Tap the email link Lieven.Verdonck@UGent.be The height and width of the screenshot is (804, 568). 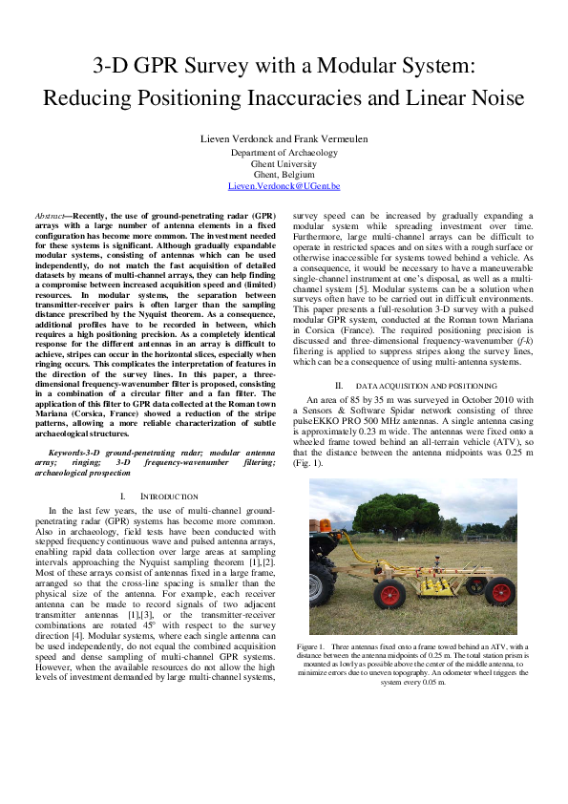pos(284,186)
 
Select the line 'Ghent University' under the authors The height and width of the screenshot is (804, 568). pos(284,163)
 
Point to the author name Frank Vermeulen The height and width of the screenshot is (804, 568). pos(332,139)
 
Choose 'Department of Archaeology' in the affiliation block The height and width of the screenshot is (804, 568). pos(284,152)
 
